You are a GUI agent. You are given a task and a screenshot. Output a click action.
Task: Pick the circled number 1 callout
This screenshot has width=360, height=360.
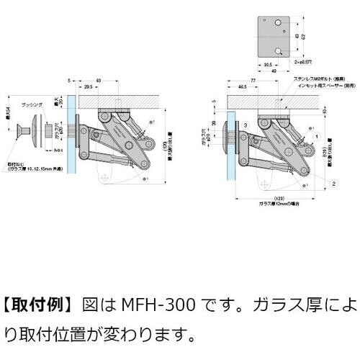coord(318,135)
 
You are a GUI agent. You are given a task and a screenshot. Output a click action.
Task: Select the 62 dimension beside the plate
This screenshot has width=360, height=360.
coord(302,35)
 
